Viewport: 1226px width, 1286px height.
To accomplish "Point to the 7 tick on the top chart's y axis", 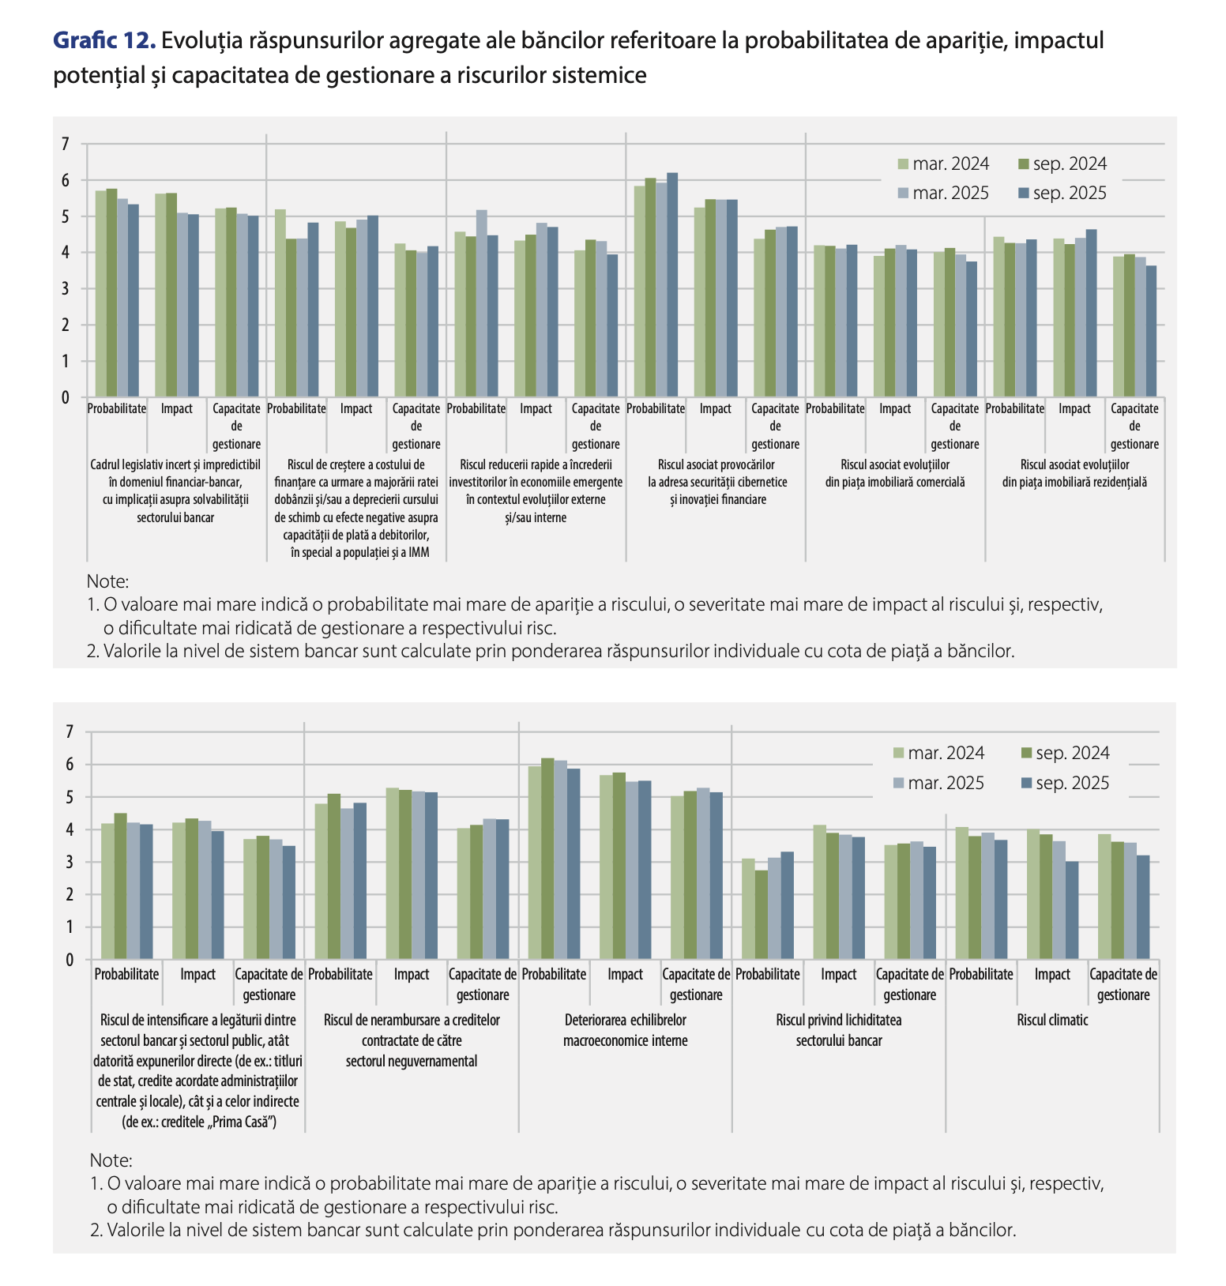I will click(66, 144).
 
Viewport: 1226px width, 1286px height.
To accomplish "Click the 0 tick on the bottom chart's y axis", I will click(70, 960).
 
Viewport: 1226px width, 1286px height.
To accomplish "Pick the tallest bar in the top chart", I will click(672, 284).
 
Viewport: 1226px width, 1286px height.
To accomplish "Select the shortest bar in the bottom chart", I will click(761, 915).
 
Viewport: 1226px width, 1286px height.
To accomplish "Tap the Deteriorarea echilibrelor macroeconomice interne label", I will click(625, 1030).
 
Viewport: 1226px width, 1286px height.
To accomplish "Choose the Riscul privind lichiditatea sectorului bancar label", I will click(839, 1030).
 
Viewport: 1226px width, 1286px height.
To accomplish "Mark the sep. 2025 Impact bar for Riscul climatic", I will click(1071, 910).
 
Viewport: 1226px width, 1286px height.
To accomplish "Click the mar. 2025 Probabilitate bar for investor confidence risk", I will click(482, 303).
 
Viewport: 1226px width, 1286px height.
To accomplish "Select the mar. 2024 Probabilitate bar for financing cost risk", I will click(280, 303).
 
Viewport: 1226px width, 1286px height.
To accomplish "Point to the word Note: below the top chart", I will click(107, 581).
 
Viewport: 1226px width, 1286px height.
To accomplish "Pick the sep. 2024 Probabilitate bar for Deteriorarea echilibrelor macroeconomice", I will click(547, 859).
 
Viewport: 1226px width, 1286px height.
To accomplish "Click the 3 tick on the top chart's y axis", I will click(66, 289).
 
